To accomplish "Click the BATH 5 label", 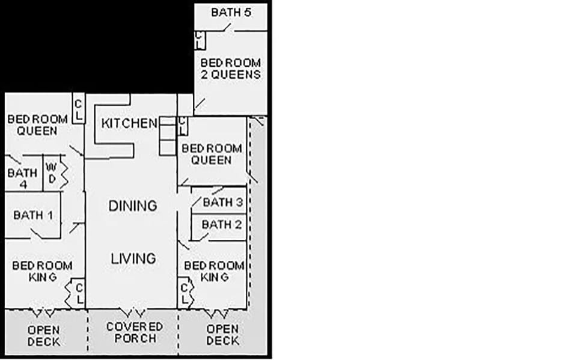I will click(x=231, y=12).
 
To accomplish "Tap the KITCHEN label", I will click(x=129, y=123).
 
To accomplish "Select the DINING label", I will click(x=133, y=206).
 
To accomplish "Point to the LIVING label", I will click(x=133, y=258).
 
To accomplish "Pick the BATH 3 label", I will click(x=222, y=203).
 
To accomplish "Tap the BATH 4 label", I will click(x=22, y=178).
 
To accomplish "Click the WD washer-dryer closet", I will click(x=52, y=173).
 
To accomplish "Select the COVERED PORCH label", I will click(x=135, y=332).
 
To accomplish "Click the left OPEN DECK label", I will click(x=43, y=335).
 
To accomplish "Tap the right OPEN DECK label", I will click(x=222, y=335).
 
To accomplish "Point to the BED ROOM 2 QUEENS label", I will click(x=231, y=69).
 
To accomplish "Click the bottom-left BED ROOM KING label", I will click(x=42, y=271).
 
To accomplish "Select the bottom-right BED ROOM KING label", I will click(x=214, y=271).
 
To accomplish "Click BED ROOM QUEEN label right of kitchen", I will click(x=212, y=154).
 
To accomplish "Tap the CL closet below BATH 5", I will click(x=200, y=40).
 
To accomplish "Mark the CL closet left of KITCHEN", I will click(x=78, y=108).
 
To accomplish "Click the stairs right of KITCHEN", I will click(x=168, y=136).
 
